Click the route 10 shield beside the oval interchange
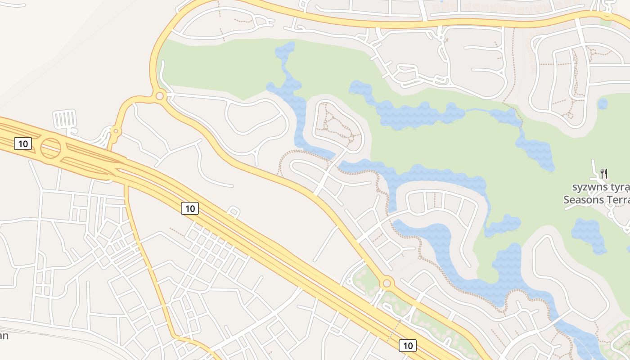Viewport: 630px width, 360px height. click(23, 144)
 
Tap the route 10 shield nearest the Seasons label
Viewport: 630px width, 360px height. click(407, 345)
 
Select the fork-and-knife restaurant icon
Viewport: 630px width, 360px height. click(604, 173)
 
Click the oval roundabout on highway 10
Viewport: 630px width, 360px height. click(51, 148)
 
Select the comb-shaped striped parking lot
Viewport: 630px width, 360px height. click(65, 119)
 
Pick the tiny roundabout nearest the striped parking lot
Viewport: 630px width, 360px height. click(116, 131)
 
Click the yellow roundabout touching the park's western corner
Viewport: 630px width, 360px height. click(159, 96)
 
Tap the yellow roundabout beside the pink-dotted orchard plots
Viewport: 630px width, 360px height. click(386, 283)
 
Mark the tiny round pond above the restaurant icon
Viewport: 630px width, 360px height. click(603, 104)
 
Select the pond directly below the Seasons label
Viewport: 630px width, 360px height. click(589, 234)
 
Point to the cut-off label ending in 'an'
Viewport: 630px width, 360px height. click(4, 336)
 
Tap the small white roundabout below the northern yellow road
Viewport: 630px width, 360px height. click(441, 37)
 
